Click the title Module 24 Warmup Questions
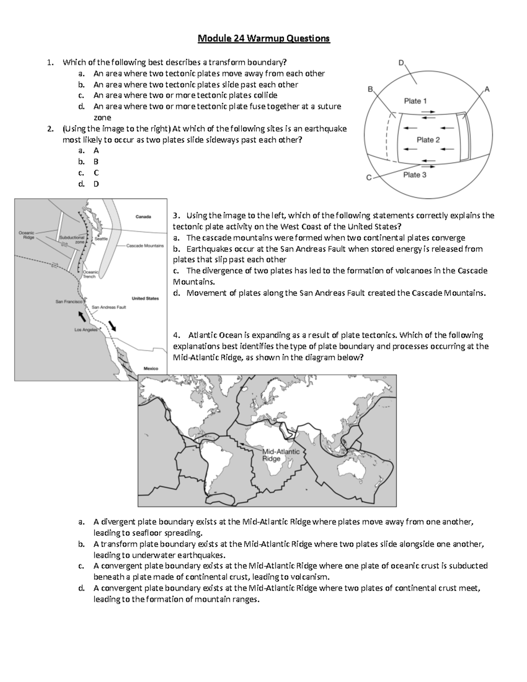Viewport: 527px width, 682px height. (x=263, y=39)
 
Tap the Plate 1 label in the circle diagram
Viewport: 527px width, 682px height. (x=415, y=101)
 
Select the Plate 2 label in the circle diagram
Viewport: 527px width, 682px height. (x=428, y=140)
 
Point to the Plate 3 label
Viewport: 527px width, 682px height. (x=415, y=175)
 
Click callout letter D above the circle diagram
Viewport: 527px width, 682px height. (x=401, y=63)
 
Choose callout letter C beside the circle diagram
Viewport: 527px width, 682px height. (x=369, y=178)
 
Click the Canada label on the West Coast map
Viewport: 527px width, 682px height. (x=143, y=217)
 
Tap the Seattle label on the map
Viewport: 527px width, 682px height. (x=101, y=239)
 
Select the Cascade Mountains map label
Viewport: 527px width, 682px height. (x=145, y=246)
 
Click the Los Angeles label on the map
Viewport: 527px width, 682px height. (x=86, y=330)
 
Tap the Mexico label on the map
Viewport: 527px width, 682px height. (x=151, y=369)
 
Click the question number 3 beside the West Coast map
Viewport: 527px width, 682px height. (x=175, y=216)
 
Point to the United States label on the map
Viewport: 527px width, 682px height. (x=145, y=299)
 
